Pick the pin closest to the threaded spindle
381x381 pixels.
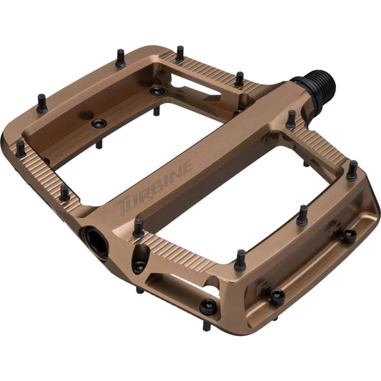(290, 119)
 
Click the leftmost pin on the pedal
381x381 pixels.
(20, 147)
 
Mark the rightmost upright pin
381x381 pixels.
(352, 170)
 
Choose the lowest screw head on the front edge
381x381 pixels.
(208, 307)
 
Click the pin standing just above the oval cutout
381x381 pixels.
(138, 227)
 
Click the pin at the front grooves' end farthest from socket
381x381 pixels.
(240, 259)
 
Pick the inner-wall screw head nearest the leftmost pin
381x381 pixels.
(99, 124)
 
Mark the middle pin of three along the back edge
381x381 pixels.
(179, 53)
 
